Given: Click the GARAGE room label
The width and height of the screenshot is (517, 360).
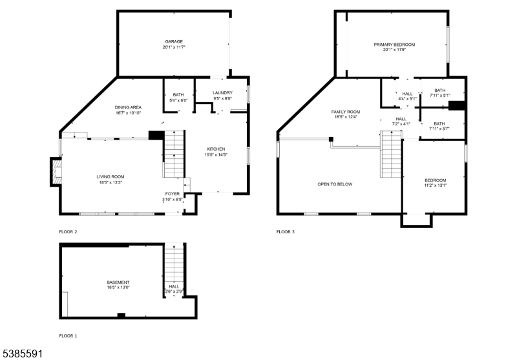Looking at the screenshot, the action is tap(174, 41).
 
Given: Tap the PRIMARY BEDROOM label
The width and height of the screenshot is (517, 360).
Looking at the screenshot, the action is tap(394, 45).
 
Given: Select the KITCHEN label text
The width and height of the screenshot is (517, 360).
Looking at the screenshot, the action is tap(216, 149).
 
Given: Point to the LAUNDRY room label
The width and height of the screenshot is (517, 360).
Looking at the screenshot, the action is tap(222, 93).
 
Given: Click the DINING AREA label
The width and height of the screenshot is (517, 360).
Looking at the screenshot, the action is tap(128, 107).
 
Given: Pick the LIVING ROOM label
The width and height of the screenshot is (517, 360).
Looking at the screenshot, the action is tap(111, 177).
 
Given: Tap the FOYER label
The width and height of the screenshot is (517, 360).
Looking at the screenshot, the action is tap(173, 194).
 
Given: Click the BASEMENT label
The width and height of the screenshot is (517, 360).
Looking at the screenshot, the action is tap(118, 282).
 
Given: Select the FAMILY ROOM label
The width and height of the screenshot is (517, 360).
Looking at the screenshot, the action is tap(346, 112).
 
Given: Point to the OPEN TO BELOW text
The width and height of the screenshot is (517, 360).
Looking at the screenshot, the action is tap(335, 184).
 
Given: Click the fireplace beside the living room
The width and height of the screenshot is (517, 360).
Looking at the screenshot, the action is tap(56, 172).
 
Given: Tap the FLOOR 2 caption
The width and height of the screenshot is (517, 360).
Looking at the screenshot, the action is tap(68, 232).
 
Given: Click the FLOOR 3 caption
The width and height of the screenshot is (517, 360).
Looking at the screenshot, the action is tap(285, 232).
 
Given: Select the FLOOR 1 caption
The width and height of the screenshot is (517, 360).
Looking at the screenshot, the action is tap(68, 336).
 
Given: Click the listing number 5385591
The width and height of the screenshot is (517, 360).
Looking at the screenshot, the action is tap(21, 354).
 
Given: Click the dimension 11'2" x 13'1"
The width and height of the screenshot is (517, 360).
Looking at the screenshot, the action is tap(435, 185).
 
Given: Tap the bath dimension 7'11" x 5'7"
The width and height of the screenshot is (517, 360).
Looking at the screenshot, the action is tap(439, 129).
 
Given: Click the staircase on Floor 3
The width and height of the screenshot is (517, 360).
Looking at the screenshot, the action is tap(391, 154).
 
